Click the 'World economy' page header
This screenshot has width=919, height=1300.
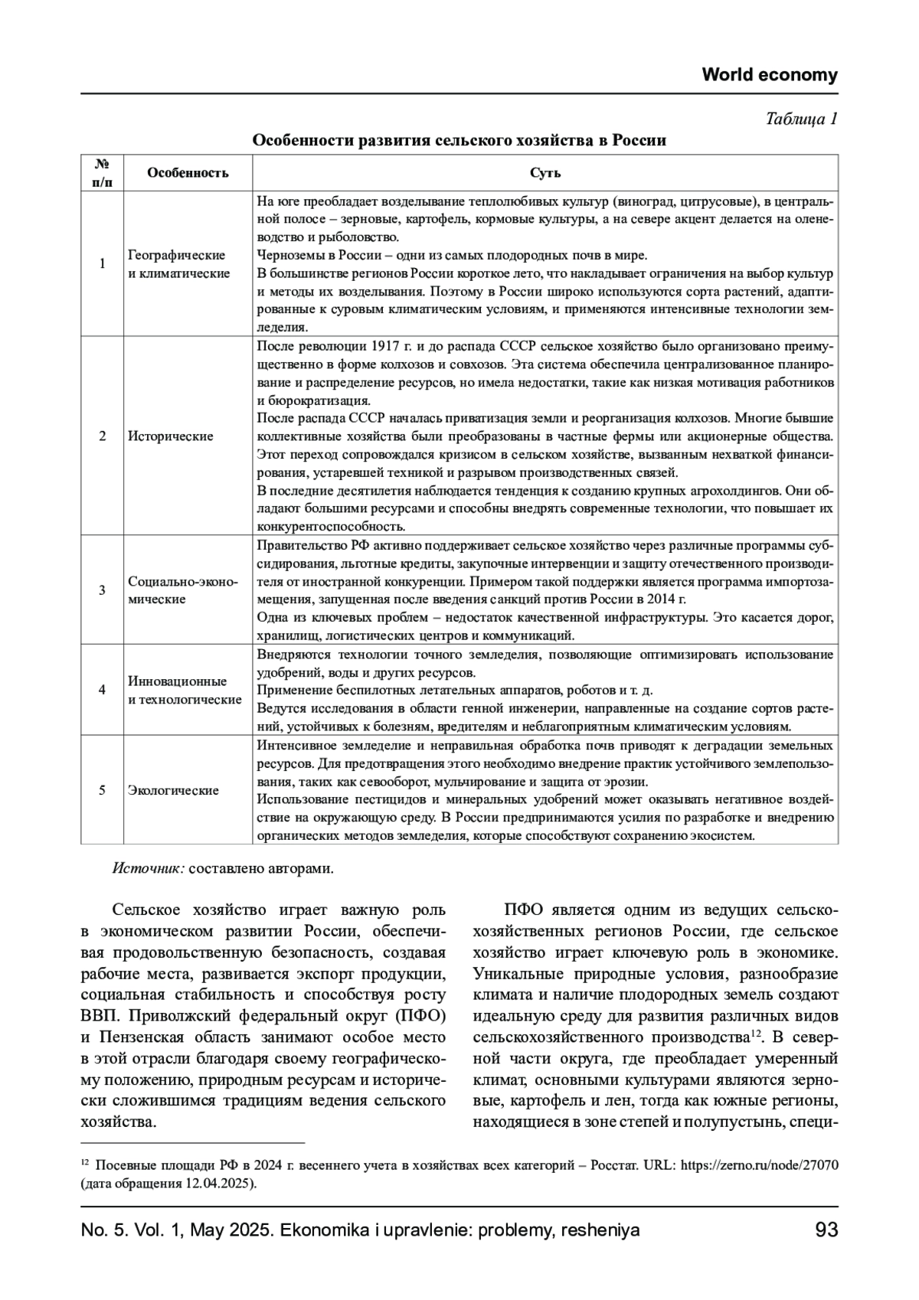tap(770, 75)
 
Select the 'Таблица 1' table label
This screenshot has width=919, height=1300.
tap(801, 119)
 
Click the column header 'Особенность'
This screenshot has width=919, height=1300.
tap(188, 172)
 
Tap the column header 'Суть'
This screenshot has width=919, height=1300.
tap(545, 172)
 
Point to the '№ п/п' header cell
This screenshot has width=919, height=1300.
tap(102, 172)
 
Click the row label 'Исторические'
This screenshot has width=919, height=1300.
tap(170, 436)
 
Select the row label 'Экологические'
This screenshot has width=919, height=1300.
tap(173, 790)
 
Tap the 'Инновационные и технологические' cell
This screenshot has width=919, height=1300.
tap(185, 690)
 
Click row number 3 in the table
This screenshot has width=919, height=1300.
tap(102, 590)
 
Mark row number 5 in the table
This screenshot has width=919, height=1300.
tap(102, 790)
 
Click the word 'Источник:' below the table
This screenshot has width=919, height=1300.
tap(148, 869)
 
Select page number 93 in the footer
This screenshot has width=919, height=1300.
tap(826, 1230)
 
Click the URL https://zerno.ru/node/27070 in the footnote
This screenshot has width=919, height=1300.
tap(759, 1165)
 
